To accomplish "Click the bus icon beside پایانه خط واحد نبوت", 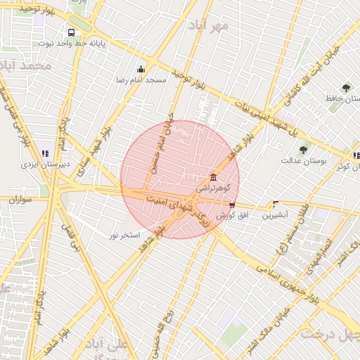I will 71,32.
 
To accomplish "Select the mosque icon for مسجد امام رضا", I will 141,69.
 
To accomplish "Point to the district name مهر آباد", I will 208,26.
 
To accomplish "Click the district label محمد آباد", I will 27,65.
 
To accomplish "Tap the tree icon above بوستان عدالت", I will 303,149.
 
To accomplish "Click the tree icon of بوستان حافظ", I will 345,88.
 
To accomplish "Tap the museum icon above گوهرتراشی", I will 214,176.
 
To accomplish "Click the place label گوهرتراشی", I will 211,188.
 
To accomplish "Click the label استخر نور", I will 124,234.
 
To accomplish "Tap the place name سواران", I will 22,200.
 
